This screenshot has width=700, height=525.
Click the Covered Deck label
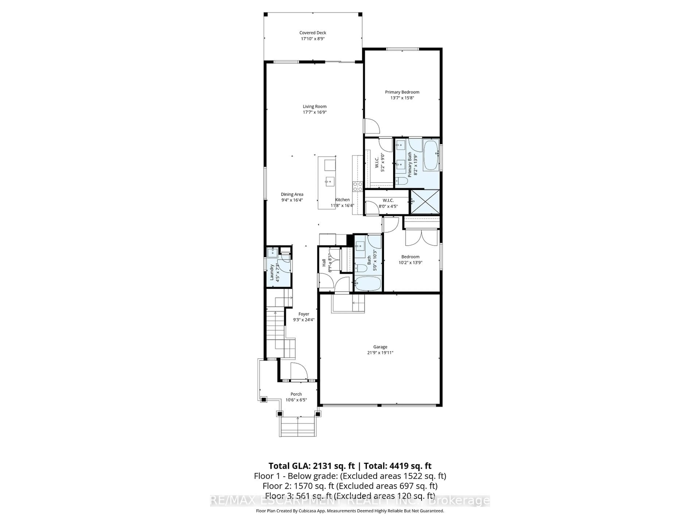(313, 33)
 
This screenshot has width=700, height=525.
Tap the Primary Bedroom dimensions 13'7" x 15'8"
(402, 98)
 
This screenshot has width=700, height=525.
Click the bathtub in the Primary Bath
(431, 156)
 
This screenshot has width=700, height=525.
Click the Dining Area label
(292, 194)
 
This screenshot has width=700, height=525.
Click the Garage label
(380, 347)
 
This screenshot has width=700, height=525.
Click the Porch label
(296, 394)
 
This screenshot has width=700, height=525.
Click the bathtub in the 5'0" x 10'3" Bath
(368, 283)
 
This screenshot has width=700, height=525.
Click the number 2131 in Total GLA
(323, 466)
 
